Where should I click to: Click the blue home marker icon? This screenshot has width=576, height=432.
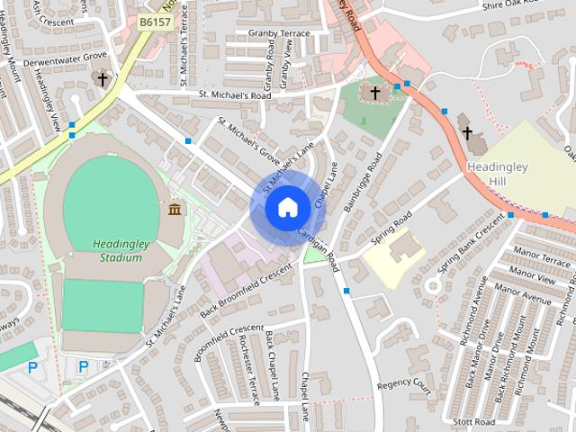287,208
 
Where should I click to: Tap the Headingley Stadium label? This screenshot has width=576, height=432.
118,250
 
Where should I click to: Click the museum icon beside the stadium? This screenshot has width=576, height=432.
174,210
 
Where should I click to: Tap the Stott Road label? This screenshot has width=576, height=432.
474,421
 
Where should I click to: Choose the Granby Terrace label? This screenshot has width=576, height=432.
279,33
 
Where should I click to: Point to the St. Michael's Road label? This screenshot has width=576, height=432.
234,94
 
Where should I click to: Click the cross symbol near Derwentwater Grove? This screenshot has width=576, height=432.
102,79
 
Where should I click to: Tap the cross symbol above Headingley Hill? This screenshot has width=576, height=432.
467,134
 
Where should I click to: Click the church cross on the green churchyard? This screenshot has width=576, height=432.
375,93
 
